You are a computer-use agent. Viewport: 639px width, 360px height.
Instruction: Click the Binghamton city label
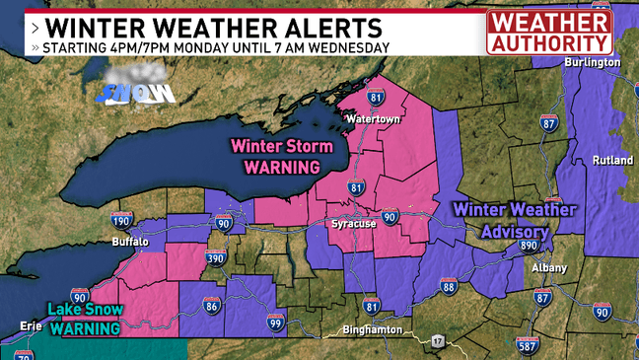375,328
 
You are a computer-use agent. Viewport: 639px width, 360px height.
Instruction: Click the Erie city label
32,325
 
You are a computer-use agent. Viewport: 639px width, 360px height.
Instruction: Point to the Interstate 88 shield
449,287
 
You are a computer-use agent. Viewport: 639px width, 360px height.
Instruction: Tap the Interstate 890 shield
529,245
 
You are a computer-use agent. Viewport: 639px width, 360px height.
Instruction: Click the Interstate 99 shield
276,322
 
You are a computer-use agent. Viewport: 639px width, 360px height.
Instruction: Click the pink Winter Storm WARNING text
275,156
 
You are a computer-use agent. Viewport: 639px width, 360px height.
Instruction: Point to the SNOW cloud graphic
136,86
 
